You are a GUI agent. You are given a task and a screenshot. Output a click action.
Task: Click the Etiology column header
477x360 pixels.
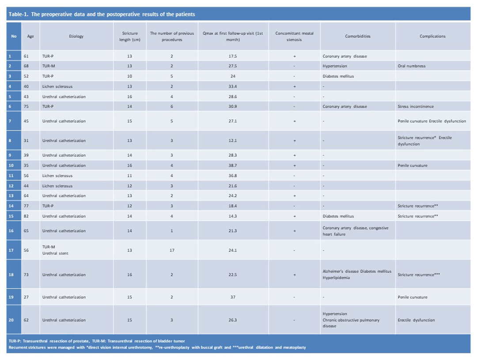tap(76, 36)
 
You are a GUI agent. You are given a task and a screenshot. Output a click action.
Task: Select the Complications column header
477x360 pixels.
tap(432, 36)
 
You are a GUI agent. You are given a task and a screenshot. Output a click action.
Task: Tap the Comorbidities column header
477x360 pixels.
tap(357, 36)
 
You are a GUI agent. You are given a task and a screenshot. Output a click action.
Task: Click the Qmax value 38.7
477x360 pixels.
tap(233, 166)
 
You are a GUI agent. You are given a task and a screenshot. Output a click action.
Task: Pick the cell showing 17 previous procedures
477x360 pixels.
tap(172, 250)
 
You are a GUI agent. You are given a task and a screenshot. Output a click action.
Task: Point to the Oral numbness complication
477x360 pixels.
tap(411, 66)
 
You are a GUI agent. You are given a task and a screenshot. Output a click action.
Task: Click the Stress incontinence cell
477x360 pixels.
tap(416, 106)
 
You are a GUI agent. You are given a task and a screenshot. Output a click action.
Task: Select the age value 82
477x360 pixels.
tap(26, 216)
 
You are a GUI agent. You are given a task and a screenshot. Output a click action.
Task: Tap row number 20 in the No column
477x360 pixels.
tap(11, 320)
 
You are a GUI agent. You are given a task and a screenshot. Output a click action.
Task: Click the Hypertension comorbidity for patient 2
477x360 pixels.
tap(335, 66)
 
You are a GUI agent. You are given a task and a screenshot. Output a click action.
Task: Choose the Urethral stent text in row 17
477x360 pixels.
tap(55, 254)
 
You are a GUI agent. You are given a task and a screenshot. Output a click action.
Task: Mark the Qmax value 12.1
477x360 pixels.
tap(233, 141)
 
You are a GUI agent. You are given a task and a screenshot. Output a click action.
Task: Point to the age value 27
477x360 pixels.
tap(26, 297)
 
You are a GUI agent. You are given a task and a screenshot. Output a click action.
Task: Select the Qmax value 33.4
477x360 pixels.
tap(233, 87)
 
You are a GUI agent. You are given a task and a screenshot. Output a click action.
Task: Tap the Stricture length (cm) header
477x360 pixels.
tap(130, 37)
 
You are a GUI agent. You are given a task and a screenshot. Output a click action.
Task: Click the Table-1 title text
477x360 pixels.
tap(102, 14)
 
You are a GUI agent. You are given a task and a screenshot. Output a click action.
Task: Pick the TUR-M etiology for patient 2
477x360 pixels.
tap(49, 66)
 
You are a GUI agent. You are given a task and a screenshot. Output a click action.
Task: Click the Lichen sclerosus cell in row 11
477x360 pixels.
tap(57, 176)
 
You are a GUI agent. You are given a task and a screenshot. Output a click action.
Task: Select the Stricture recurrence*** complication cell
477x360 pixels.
tap(419, 275)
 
